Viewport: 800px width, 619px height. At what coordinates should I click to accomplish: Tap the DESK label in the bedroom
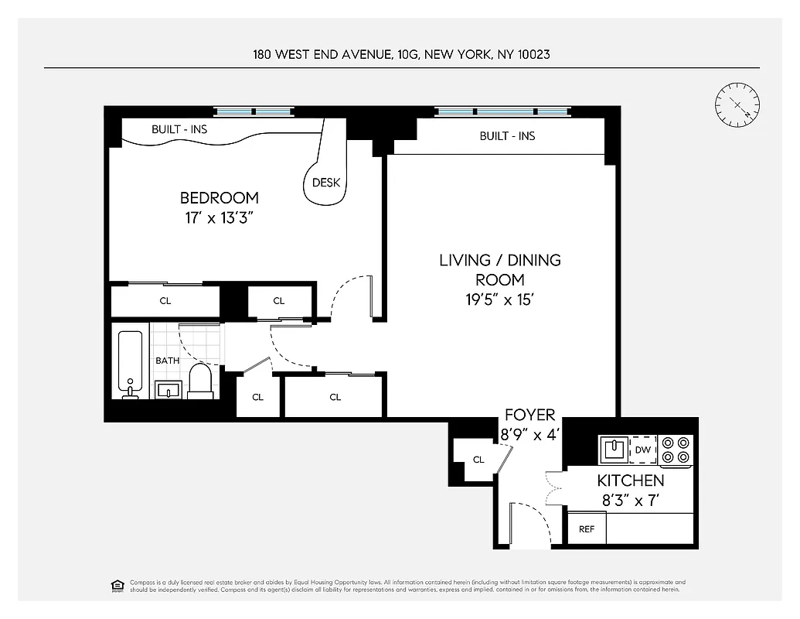pos(325,183)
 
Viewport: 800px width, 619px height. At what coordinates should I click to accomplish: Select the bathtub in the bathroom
pos(130,364)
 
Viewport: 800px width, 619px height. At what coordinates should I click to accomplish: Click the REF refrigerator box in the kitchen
pos(587,530)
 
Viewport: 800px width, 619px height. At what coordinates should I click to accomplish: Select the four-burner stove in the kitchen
pos(676,450)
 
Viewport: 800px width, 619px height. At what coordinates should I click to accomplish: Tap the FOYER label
pos(529,416)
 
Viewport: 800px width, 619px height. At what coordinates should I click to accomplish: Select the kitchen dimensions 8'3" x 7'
pos(630,501)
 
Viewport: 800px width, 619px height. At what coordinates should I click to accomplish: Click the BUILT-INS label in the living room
pos(507,136)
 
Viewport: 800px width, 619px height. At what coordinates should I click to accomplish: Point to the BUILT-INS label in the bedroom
pos(179,129)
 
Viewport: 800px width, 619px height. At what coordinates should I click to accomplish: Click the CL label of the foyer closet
pos(478,460)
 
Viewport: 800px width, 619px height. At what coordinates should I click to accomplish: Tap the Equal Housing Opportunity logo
pos(117,584)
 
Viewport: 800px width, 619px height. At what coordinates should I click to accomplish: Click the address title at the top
pos(401,54)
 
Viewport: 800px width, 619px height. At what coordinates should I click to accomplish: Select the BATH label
pos(167,361)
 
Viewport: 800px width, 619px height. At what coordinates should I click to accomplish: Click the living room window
pos(502,111)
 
